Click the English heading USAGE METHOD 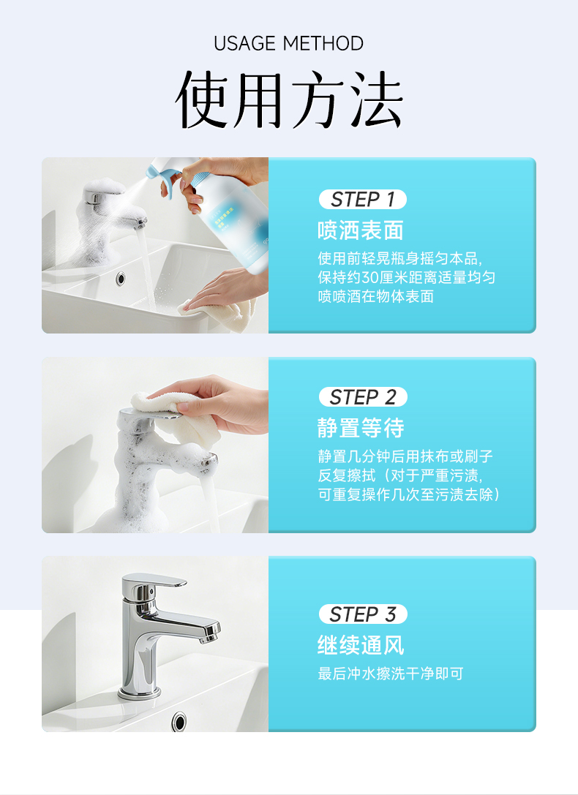tap(288, 44)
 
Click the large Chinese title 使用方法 tap(289, 99)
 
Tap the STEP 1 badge tap(362, 199)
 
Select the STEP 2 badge tap(362, 397)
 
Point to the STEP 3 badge tap(362, 614)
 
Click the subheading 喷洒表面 tap(361, 230)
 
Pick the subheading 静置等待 tap(361, 428)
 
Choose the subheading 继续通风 tap(361, 645)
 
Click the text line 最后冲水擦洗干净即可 tap(391, 674)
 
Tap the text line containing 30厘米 tap(407, 277)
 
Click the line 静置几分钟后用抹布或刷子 tap(405, 456)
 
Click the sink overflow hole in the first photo tap(120, 278)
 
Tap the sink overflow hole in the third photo tap(179, 720)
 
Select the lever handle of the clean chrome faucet tap(153, 581)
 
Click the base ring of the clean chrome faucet tap(139, 693)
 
